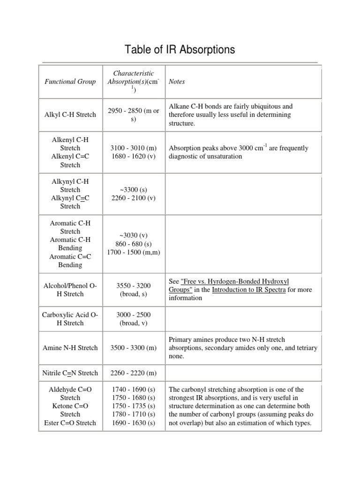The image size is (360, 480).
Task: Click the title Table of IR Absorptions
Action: tap(180, 50)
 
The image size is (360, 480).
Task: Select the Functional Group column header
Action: tap(70, 82)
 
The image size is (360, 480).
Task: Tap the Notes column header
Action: tap(177, 82)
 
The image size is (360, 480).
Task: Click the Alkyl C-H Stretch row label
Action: tap(70, 114)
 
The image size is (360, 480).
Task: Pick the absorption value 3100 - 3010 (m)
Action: tap(133, 148)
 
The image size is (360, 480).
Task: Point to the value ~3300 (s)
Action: tap(133, 189)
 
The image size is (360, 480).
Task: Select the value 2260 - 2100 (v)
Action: tap(133, 198)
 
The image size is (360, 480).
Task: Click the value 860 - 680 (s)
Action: tap(133, 244)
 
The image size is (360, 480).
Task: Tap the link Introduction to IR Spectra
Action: tap(248, 290)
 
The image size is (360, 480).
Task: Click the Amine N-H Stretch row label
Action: tap(70, 348)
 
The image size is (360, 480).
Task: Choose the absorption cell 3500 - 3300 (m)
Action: tap(133, 348)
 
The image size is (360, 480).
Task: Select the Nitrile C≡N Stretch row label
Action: tap(70, 373)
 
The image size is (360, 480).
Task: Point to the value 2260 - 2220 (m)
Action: tap(133, 373)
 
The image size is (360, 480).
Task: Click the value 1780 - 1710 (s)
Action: tap(133, 414)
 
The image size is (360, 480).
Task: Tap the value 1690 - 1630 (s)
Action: tap(133, 423)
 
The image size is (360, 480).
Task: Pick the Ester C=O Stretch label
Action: tap(70, 423)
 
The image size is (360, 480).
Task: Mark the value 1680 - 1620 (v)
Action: tap(133, 157)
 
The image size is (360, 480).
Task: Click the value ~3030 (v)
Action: tap(133, 235)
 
